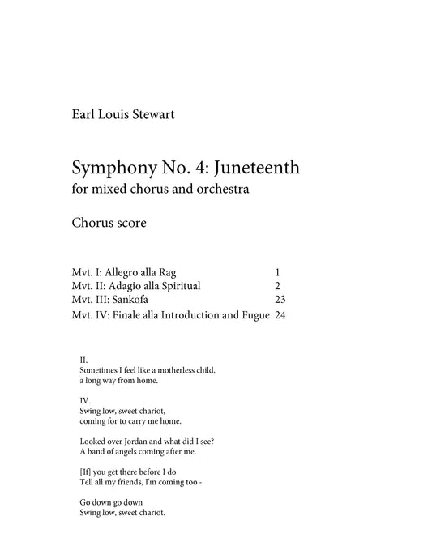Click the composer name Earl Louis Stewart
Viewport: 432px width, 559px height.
[122, 113]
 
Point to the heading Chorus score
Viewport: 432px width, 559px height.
[109, 223]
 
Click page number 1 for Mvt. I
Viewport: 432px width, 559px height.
[277, 272]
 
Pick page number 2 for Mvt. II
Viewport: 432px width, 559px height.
[277, 285]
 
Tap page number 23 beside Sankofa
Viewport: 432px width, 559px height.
[280, 299]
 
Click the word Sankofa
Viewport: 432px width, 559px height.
[130, 299]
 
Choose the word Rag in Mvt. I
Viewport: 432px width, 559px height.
[178, 272]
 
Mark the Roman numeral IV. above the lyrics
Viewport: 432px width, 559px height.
[84, 400]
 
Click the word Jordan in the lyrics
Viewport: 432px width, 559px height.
[133, 441]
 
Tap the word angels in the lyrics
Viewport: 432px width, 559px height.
[128, 451]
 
